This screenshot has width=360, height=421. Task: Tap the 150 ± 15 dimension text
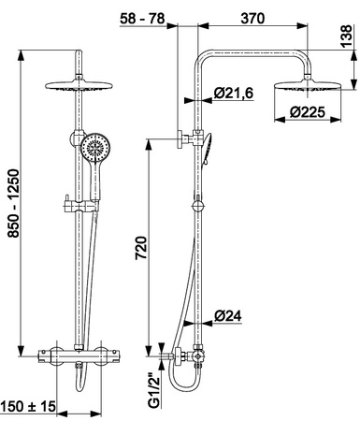pyautogui.click(x=28, y=406)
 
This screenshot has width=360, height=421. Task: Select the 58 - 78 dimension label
pyautogui.click(x=142, y=19)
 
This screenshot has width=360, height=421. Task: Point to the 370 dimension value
pyautogui.click(x=252, y=19)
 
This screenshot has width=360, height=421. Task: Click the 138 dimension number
pyautogui.click(x=346, y=36)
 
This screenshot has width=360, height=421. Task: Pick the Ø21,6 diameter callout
pyautogui.click(x=234, y=93)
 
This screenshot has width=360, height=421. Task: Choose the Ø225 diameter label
pyautogui.click(x=307, y=112)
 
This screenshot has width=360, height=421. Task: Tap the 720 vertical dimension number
pyautogui.click(x=141, y=248)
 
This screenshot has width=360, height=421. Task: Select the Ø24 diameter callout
pyautogui.click(x=228, y=316)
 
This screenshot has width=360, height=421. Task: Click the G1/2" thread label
pyautogui.click(x=154, y=391)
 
